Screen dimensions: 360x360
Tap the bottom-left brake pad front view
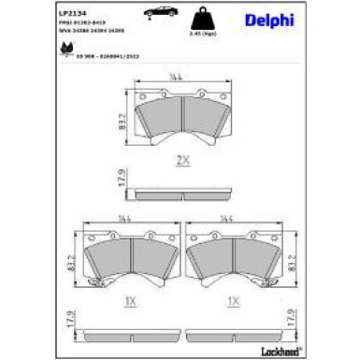130,263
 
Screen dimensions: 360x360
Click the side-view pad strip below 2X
182,197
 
